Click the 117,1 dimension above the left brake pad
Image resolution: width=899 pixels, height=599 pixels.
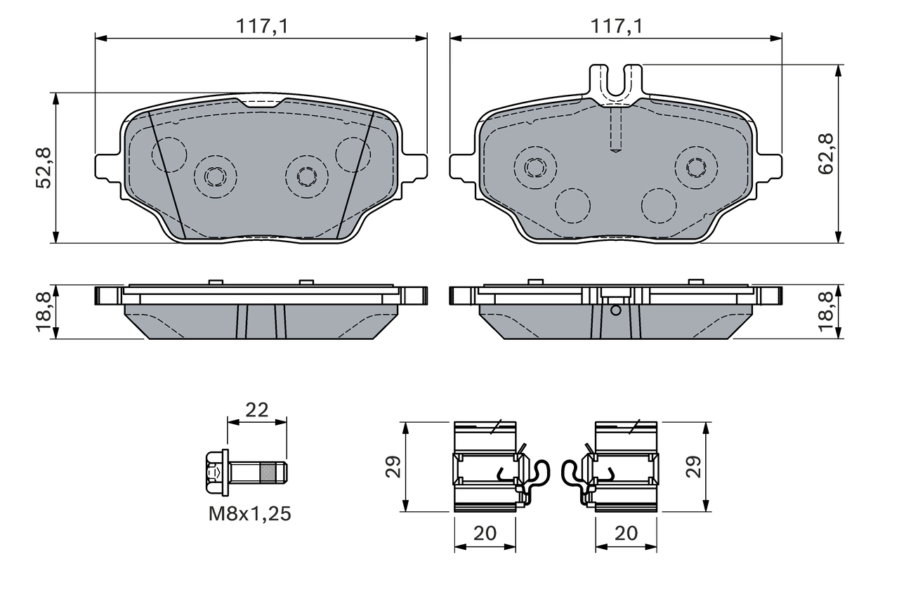point(261,26)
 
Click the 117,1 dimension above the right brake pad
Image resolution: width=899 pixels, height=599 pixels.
point(616,26)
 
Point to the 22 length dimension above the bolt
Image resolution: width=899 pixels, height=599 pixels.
point(257,410)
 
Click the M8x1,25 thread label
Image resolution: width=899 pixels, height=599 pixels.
point(249,514)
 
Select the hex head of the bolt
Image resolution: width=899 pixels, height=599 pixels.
point(214,471)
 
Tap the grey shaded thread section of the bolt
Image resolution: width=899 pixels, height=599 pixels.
point(269,471)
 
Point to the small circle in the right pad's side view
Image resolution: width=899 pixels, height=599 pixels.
point(616,310)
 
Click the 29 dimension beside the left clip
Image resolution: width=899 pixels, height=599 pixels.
point(393,467)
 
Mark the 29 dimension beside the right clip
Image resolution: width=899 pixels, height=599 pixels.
point(694,467)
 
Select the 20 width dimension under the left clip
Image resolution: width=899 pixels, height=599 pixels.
point(485,533)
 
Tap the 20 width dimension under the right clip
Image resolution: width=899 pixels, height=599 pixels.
point(626,533)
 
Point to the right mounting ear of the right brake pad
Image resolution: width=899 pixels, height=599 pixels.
point(769,167)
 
